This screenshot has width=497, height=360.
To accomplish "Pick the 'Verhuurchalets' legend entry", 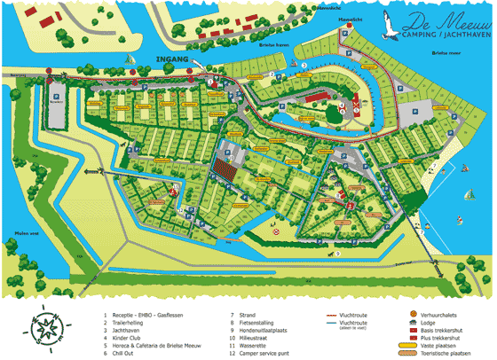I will [x=441, y=314].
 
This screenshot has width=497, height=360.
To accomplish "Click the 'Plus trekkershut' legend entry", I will [x=443, y=338].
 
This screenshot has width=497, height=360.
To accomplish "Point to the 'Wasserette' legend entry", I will [x=253, y=345].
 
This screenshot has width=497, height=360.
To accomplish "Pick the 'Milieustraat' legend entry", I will [x=254, y=337].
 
